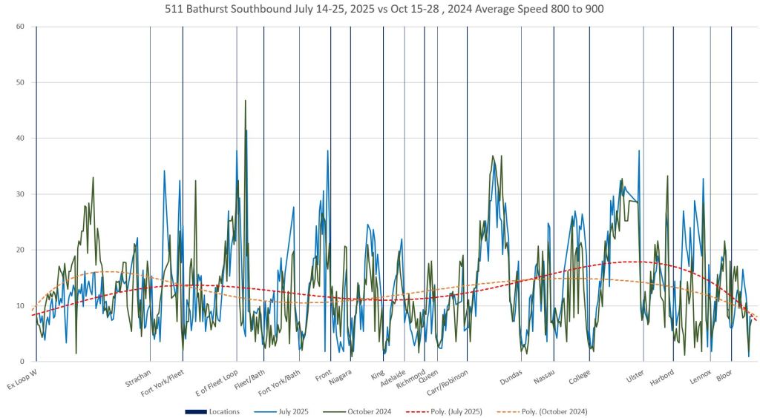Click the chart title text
click(x=380, y=10)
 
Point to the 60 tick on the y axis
click(x=21, y=27)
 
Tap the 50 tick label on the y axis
click(x=21, y=82)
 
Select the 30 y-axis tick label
click(x=21, y=194)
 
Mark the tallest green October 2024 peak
click(x=245, y=101)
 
